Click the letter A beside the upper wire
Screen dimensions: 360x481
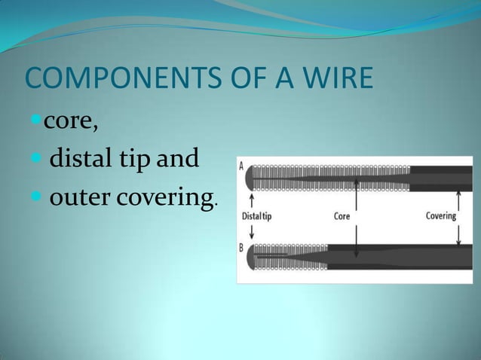point(241,166)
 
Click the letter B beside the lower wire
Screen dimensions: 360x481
point(241,247)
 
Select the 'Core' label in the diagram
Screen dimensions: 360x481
point(342,216)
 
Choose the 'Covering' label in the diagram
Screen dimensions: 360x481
point(441,216)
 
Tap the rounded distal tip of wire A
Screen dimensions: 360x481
point(252,178)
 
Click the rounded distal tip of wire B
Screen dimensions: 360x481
point(252,257)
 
